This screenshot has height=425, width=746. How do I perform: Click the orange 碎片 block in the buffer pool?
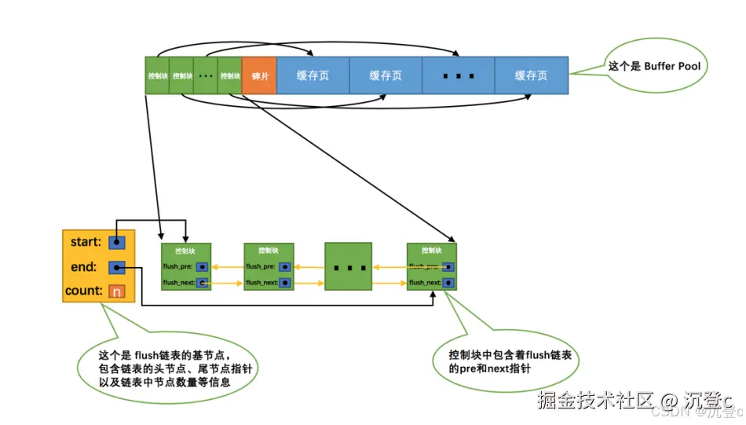coord(259,76)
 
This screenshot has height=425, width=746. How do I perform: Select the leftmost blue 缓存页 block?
coord(313,76)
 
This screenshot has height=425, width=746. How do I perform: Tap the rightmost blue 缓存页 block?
coord(531,76)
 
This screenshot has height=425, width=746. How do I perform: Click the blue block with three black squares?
coord(459,76)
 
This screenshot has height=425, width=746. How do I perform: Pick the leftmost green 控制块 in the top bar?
coord(157,76)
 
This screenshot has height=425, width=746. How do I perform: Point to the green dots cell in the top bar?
coord(206,76)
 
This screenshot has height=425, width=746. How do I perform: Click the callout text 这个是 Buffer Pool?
coord(655,67)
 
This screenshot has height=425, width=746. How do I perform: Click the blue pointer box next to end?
coord(117,268)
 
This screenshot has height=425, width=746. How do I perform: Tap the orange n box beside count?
coord(117,291)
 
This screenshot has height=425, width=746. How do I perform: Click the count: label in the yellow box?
coord(84,291)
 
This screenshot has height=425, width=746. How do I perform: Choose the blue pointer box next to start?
coord(117,243)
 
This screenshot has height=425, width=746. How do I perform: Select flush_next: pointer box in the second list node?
coord(285,282)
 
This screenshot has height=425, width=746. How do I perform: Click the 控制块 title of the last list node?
coord(431,251)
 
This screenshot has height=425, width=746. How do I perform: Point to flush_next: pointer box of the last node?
coord(448,282)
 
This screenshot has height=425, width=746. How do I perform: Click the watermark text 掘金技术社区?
coord(594,400)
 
